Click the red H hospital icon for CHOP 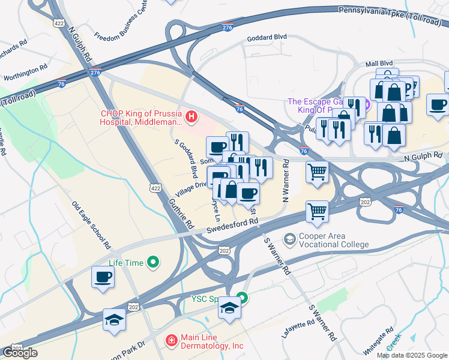point(191,116)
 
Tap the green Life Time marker point(153,262)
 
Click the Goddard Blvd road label point(268,37)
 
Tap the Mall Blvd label point(379,63)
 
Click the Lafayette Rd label point(298,331)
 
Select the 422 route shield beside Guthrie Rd point(154,189)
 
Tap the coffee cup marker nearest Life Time point(103,277)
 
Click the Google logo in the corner point(20,353)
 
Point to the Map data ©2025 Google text point(411,355)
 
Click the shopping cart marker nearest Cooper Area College point(316,211)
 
